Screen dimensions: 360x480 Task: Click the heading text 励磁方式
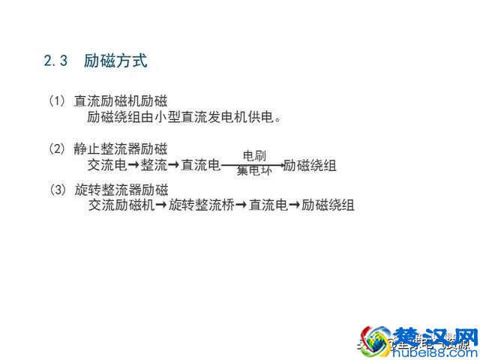[x=115, y=61]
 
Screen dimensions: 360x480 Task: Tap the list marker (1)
[x=58, y=100]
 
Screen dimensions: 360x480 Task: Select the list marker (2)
[x=58, y=148]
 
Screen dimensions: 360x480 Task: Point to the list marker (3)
[x=58, y=188]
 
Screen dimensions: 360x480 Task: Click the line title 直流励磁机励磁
[x=121, y=100]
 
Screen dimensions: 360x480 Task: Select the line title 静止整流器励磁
[x=121, y=148]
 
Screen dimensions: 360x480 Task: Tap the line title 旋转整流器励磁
[x=121, y=188]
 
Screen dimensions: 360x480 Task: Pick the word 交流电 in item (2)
[x=106, y=165]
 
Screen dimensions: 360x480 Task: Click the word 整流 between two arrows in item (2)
[x=154, y=165]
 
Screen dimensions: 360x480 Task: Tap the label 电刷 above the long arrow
[x=253, y=155]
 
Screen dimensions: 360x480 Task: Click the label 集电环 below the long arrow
[x=253, y=172]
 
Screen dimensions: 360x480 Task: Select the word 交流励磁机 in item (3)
[x=121, y=204]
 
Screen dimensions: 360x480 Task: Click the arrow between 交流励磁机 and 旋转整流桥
[x=160, y=204]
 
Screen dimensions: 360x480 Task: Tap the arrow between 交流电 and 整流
[x=133, y=165]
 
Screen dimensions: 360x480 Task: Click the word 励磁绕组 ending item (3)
[x=328, y=204]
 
